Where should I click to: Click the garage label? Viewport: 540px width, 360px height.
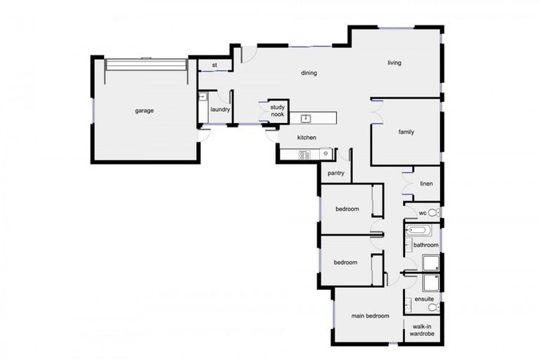coord(144,110)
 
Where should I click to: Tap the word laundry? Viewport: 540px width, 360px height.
coord(220,110)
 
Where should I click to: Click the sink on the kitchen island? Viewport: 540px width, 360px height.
coord(306,118)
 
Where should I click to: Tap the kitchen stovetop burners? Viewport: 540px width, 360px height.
coord(305,155)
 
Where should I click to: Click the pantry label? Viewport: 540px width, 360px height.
coord(335,172)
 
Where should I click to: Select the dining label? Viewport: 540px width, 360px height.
coord(309,72)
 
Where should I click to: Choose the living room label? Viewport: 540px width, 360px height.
coord(394,63)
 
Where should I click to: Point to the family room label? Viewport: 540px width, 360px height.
coord(406,131)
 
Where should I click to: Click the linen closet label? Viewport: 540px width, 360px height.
coord(426,184)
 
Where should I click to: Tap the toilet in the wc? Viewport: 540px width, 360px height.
coord(433,212)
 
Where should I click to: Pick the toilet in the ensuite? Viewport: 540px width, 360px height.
coord(432,307)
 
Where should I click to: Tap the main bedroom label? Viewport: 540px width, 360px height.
coord(370,316)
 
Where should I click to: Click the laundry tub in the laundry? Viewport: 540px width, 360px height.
coord(202,98)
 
